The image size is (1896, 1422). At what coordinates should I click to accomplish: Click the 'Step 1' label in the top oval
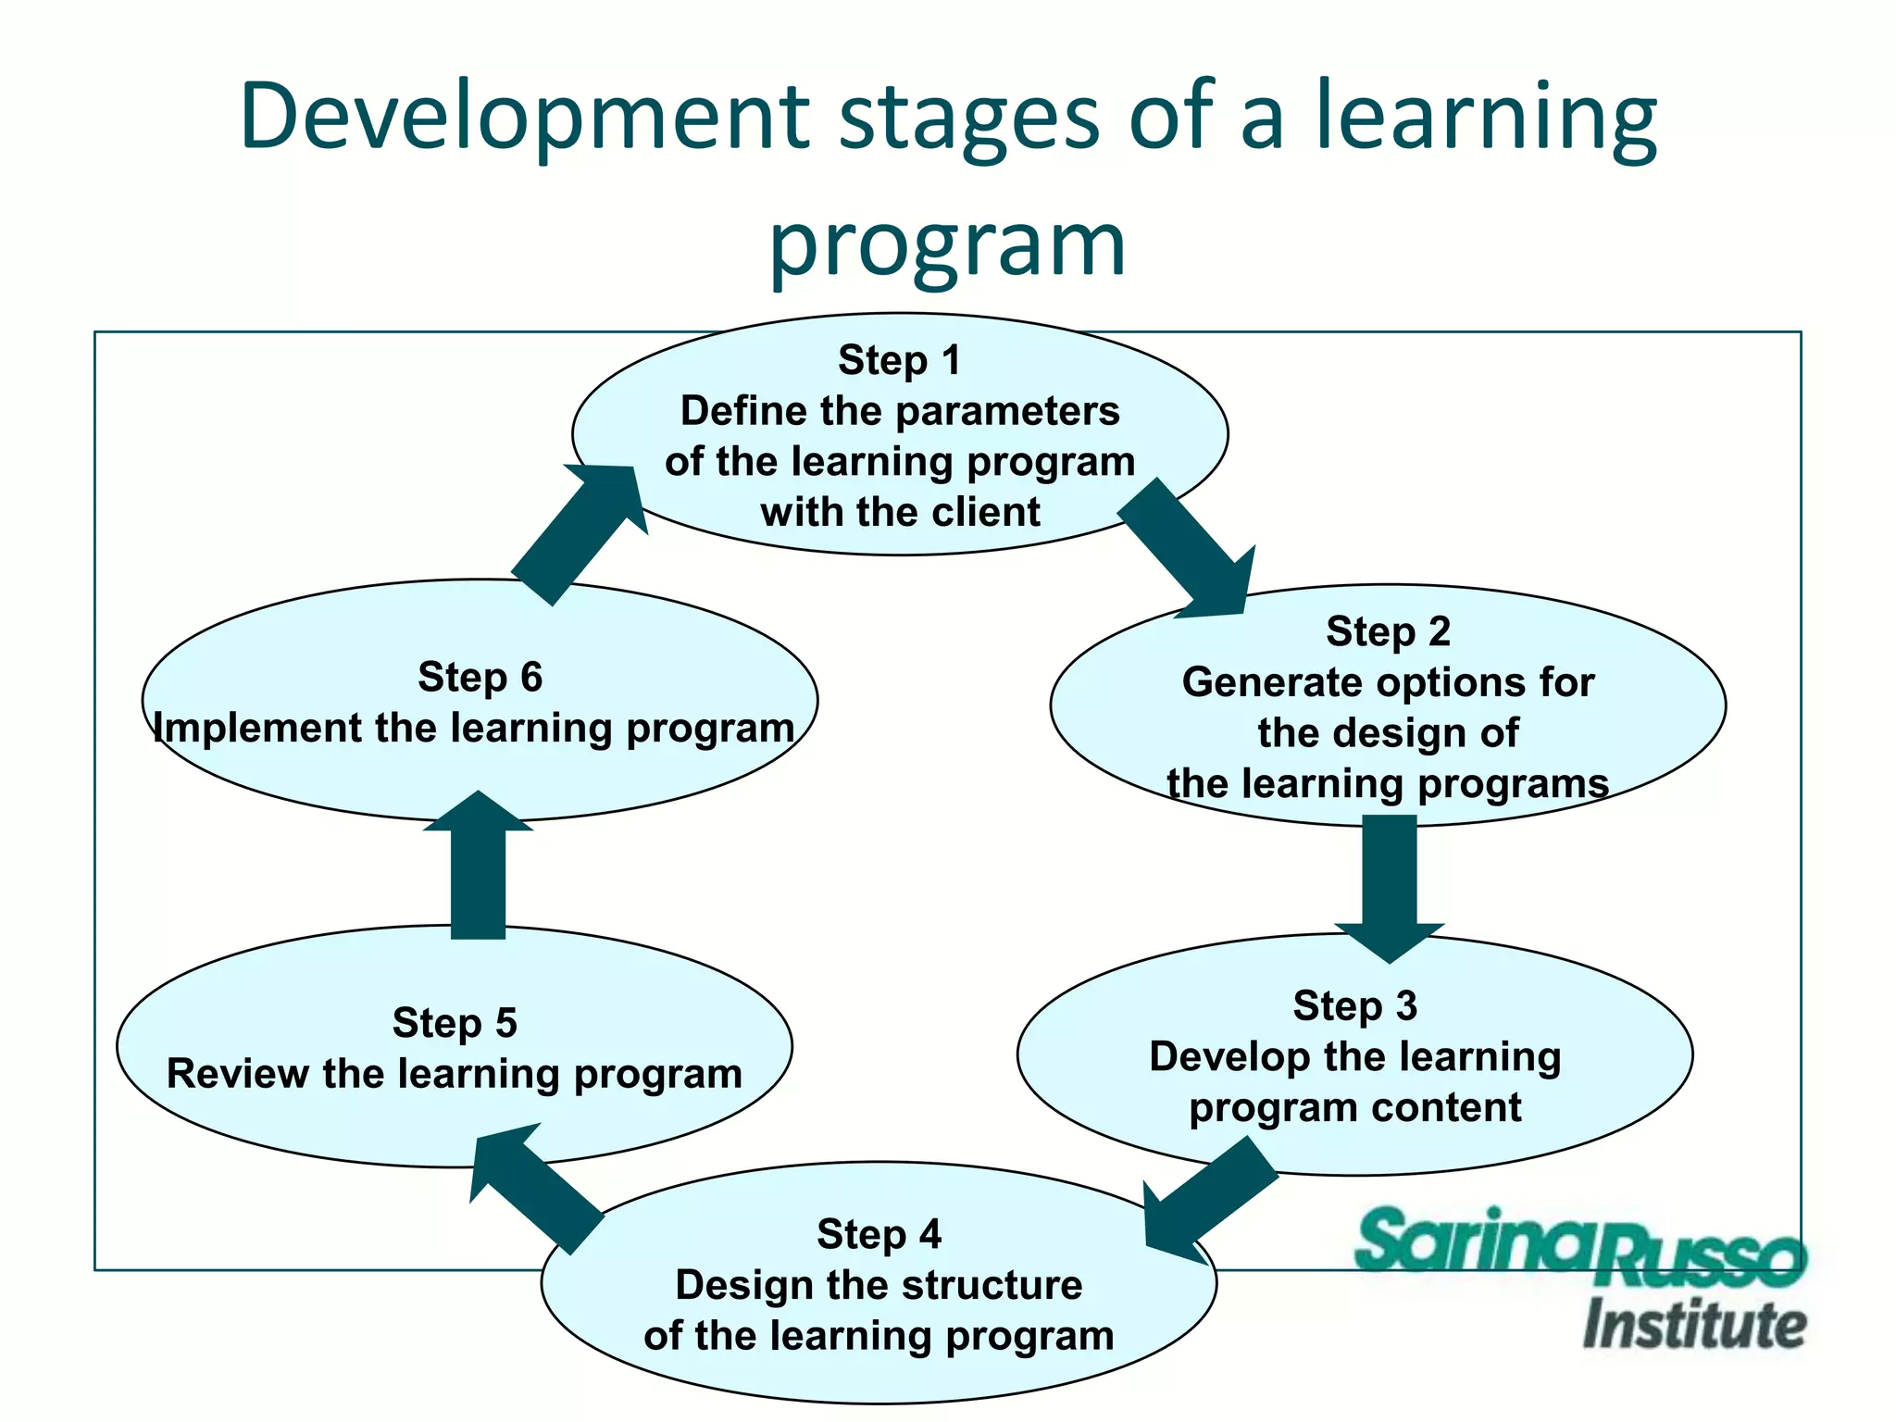click(899, 360)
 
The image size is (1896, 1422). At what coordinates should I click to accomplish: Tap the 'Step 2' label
click(1387, 631)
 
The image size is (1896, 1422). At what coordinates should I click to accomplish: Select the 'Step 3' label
click(1354, 1005)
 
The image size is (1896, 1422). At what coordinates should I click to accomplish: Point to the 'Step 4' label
click(878, 1234)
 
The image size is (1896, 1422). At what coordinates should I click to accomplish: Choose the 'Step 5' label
click(454, 1023)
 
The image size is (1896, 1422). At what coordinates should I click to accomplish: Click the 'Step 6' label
click(480, 677)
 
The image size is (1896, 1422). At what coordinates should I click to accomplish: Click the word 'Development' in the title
click(524, 118)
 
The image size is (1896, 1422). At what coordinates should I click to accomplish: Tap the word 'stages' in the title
click(968, 118)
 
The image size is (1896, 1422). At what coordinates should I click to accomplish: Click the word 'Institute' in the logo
click(1693, 1325)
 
